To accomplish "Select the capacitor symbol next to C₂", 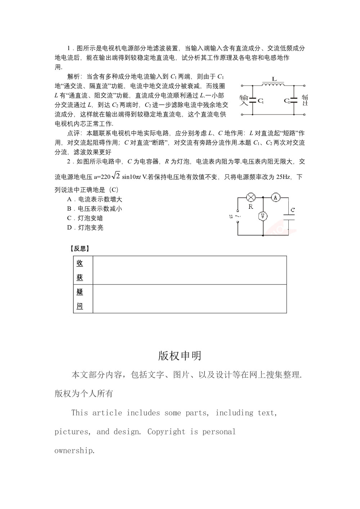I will (294, 100).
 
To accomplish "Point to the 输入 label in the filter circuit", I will (244, 100).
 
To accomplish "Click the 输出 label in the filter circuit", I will (305, 100).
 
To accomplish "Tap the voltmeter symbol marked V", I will (263, 216).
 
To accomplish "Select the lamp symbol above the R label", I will (251, 197).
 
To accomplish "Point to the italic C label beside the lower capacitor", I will (293, 210).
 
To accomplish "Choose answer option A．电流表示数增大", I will (95, 199).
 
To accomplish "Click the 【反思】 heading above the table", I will (79, 249).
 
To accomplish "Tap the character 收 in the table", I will (80, 263).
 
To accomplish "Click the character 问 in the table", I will (80, 306).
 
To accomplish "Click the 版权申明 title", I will (180, 356).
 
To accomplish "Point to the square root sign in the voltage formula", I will (116, 176).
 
